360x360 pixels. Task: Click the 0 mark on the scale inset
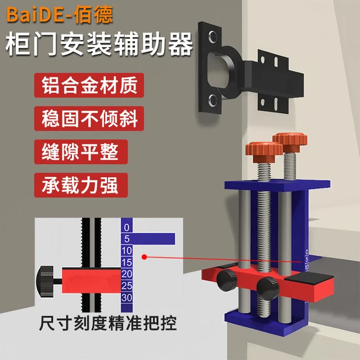coord(127,228)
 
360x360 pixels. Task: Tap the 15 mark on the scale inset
coord(127,262)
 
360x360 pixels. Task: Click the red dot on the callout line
coord(145,257)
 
